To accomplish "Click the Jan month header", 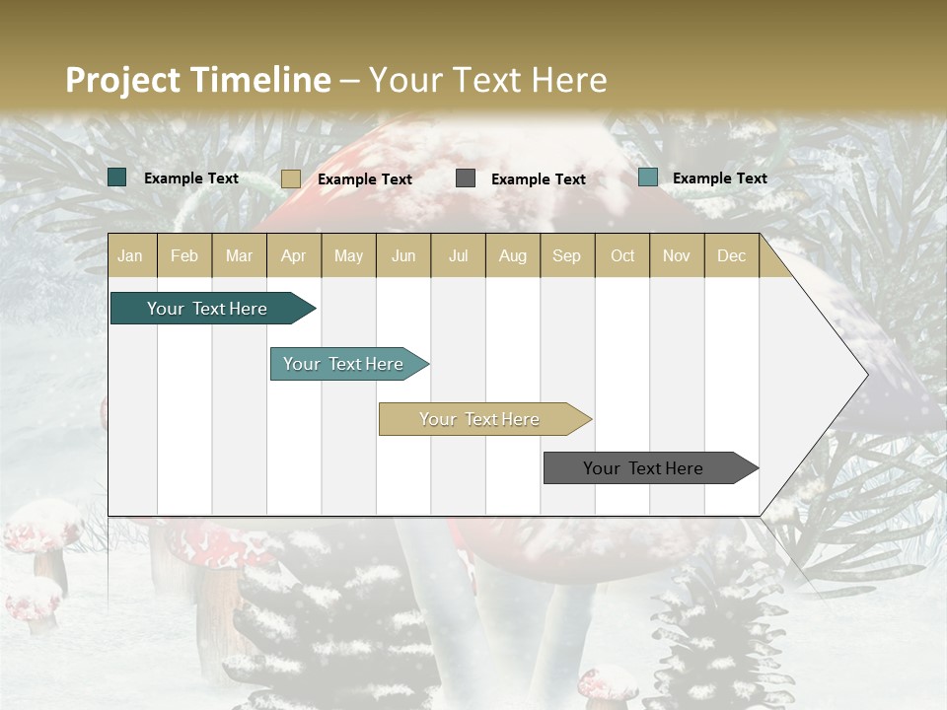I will (130, 256).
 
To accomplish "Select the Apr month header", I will (294, 256).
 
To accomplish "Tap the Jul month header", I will (458, 256).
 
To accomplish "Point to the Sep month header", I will (566, 256).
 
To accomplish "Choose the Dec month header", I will (731, 256).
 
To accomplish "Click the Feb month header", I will (184, 256).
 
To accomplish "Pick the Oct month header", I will (622, 256).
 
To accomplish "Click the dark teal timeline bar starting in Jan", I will (207, 309).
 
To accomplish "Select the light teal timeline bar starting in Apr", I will (343, 364).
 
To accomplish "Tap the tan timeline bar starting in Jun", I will (479, 419).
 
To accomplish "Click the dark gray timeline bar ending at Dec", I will (643, 468).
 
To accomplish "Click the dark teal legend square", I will (117, 177).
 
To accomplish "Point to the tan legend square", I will (290, 178).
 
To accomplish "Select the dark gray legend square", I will (466, 178).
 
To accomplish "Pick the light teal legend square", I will (648, 177).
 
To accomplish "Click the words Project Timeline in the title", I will (197, 80).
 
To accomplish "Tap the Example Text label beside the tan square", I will (365, 179).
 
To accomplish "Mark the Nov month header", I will (677, 256).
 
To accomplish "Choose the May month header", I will (348, 256).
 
